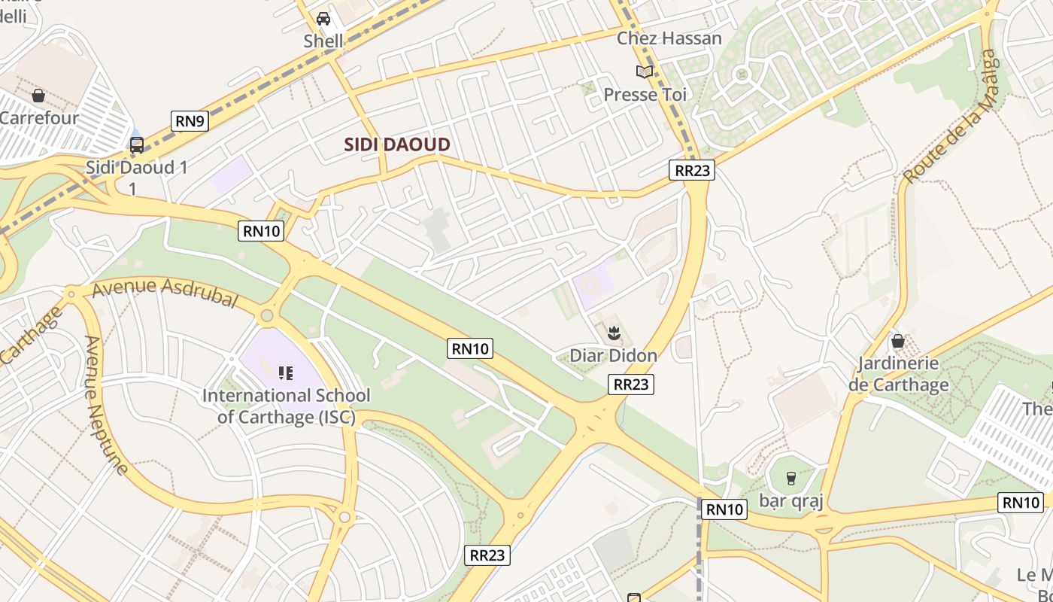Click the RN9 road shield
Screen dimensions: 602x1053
(x=190, y=120)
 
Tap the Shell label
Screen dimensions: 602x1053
(x=323, y=41)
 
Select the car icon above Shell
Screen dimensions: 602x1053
(x=323, y=18)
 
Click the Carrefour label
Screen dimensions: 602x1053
(x=39, y=118)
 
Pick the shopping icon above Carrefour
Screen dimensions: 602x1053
(x=38, y=96)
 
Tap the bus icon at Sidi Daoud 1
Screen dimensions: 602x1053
(x=136, y=144)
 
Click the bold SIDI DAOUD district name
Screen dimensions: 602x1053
(x=397, y=145)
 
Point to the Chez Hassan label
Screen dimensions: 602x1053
(x=669, y=38)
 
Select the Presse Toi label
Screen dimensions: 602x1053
(x=645, y=95)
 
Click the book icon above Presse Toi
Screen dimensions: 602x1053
(x=645, y=71)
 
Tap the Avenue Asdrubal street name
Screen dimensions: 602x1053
(x=165, y=293)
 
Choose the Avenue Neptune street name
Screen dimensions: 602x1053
(x=105, y=405)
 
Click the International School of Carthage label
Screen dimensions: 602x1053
(x=286, y=406)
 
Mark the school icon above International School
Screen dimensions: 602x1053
(x=285, y=372)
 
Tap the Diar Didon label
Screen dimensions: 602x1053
(x=613, y=355)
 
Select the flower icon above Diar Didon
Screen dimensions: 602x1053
(x=613, y=332)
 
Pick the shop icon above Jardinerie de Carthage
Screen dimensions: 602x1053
(x=897, y=341)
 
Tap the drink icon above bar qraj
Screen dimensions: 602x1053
(x=791, y=478)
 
